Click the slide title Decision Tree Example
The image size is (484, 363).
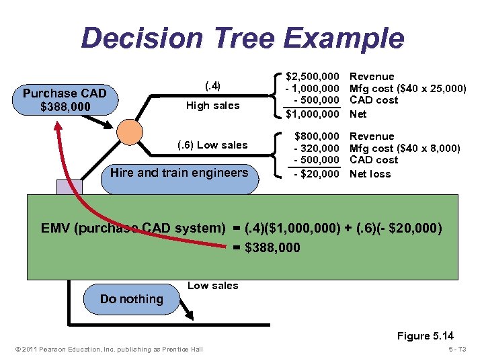pos(242,38)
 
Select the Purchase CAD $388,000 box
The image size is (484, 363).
pos(65,99)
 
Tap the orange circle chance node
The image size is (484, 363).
pos(129,132)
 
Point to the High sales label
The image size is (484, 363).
pos(212,106)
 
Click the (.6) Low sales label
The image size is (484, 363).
pos(212,145)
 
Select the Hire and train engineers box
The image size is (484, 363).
pos(179,173)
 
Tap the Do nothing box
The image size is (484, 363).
pos(131,299)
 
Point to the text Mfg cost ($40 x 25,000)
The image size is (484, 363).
pos(407,89)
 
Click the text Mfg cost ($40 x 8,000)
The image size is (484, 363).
pos(405,149)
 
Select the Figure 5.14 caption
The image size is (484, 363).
pos(426,335)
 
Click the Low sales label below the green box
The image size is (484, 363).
pos(212,286)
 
